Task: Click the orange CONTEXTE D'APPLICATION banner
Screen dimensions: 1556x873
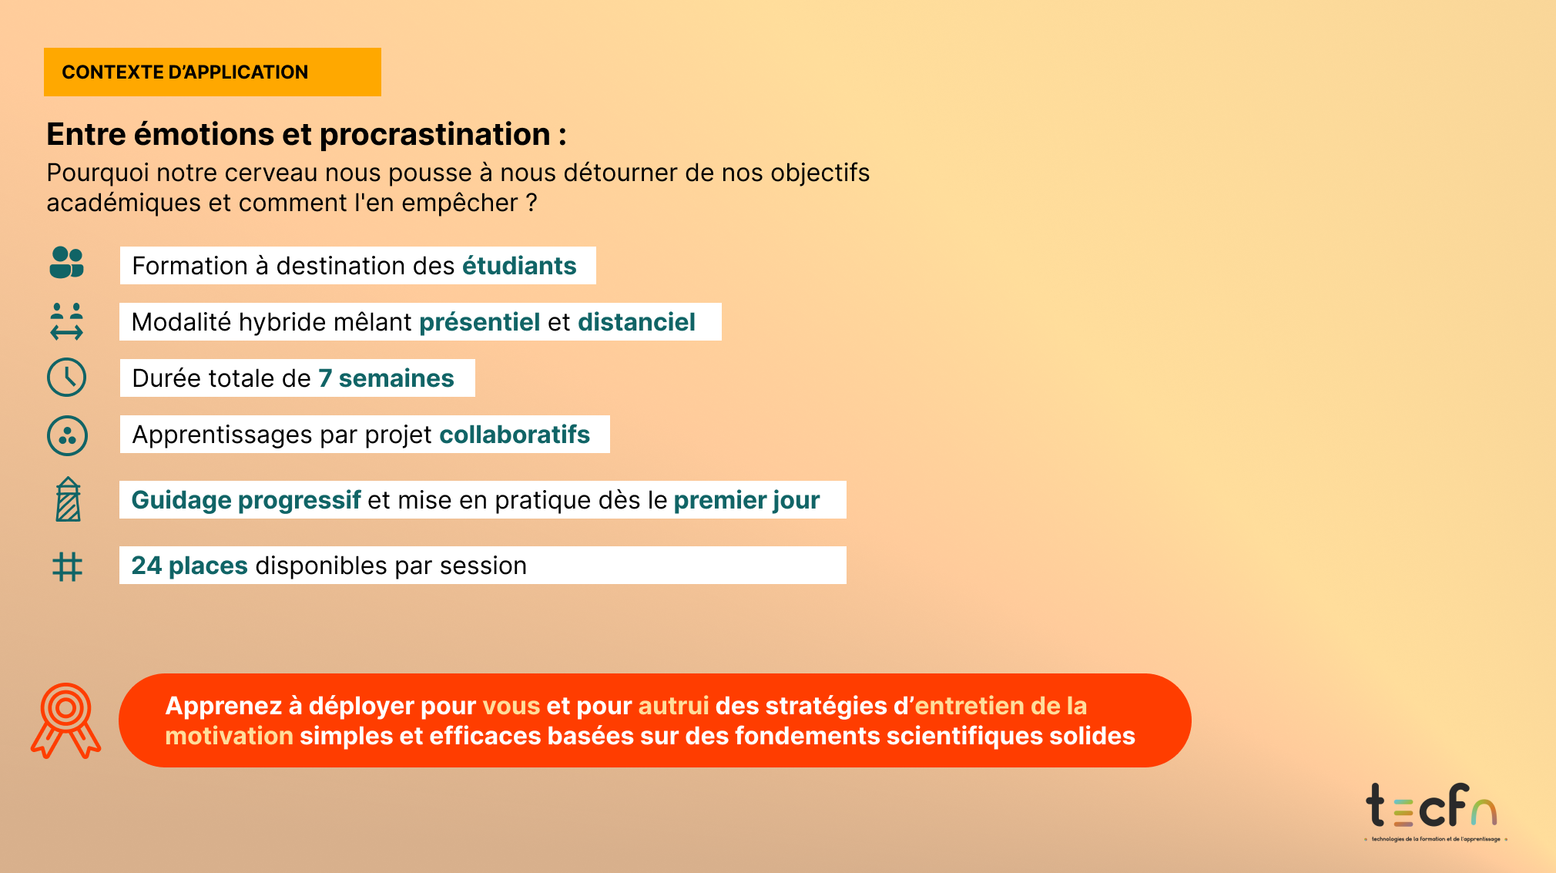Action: click(x=213, y=72)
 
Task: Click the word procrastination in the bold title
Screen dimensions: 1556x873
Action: click(x=435, y=134)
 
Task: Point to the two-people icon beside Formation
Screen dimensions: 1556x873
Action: click(x=67, y=263)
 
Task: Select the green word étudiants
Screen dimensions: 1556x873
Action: click(x=519, y=266)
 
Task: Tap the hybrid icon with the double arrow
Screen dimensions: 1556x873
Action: click(x=67, y=321)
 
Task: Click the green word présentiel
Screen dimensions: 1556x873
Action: click(x=479, y=322)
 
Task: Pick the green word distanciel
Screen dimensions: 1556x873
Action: click(x=636, y=322)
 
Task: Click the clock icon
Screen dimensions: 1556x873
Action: click(x=67, y=378)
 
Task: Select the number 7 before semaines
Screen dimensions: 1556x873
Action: click(x=325, y=378)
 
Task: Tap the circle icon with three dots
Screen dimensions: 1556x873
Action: click(x=67, y=435)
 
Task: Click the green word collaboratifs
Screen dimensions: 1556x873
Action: click(x=515, y=435)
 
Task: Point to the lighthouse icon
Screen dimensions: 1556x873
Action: click(x=68, y=499)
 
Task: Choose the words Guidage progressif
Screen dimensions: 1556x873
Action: click(x=246, y=500)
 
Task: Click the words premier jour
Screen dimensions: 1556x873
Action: click(x=746, y=500)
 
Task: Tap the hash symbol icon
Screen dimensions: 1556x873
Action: click(x=67, y=566)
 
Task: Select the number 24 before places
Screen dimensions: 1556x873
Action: click(x=146, y=566)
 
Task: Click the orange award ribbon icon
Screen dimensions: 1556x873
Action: click(x=65, y=721)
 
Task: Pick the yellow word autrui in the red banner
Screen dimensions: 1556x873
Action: click(x=673, y=706)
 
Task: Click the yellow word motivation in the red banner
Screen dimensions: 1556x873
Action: click(x=229, y=736)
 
